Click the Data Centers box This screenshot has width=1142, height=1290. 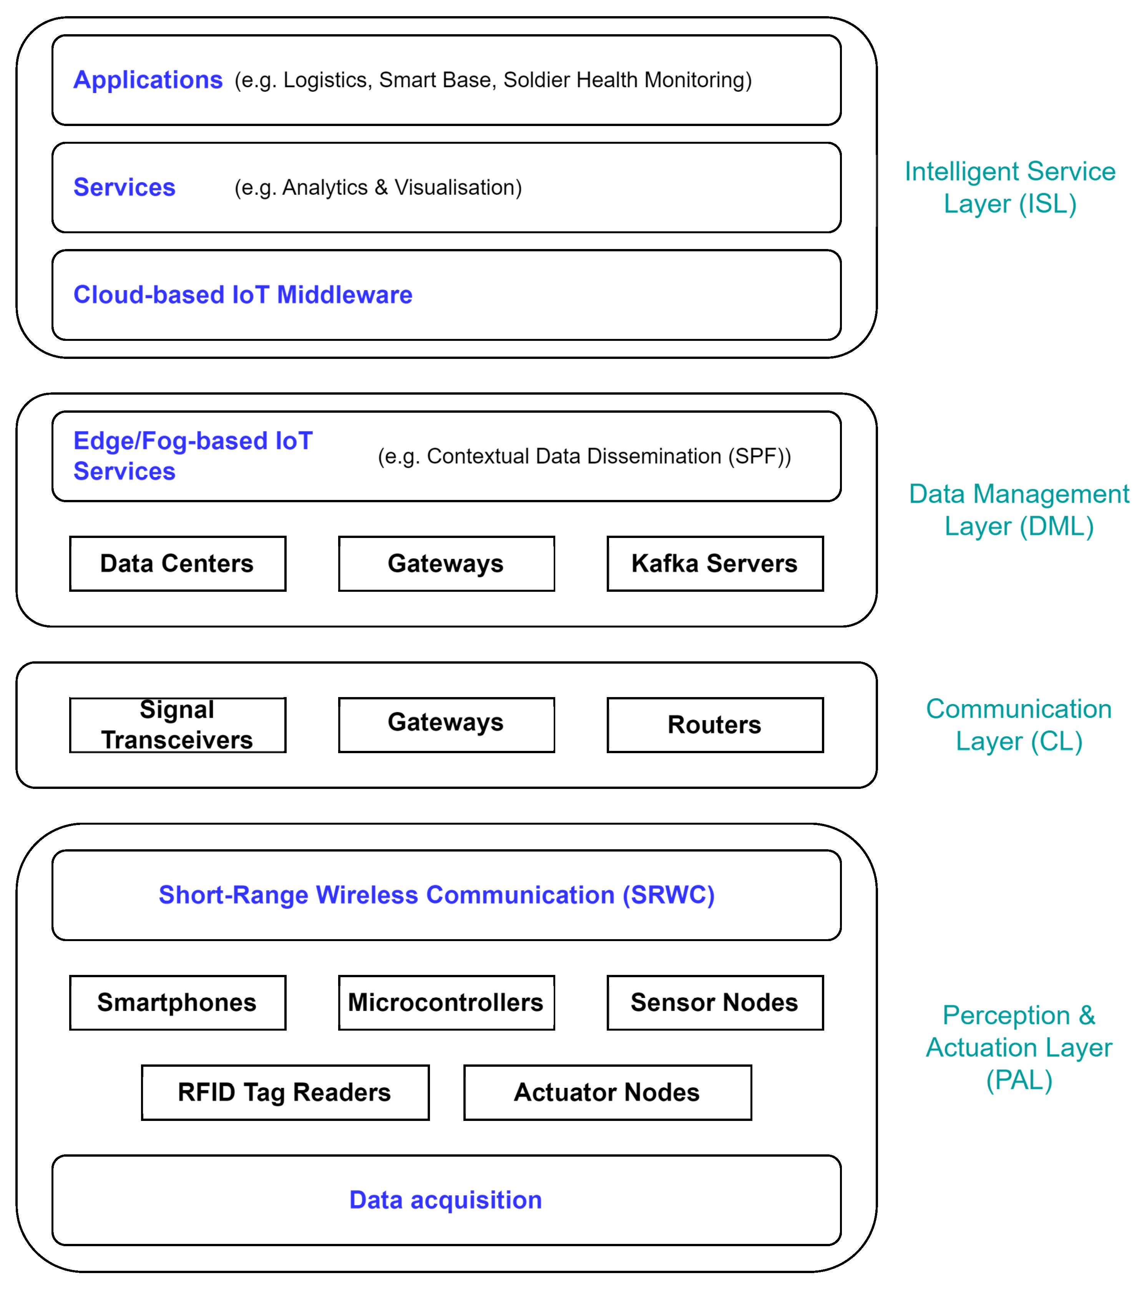177,564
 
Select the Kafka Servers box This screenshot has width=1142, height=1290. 714,564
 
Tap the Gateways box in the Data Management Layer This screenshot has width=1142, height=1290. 446,564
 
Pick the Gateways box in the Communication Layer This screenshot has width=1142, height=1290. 446,724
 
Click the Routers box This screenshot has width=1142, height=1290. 714,724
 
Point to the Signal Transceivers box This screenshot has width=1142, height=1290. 177,724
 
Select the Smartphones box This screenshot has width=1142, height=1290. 177,1002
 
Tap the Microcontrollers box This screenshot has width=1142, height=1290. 446,1002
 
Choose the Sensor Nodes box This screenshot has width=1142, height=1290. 714,1002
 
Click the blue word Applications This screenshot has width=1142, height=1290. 148,80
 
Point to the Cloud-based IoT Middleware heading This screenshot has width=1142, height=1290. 243,295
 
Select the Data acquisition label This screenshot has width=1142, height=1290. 445,1200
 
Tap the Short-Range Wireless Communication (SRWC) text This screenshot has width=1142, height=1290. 437,895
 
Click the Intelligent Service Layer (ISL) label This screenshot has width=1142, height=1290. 1009,188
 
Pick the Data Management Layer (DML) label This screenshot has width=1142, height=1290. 1018,510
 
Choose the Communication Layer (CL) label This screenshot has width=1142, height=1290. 1018,724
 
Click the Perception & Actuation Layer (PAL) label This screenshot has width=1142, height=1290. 1018,1048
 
